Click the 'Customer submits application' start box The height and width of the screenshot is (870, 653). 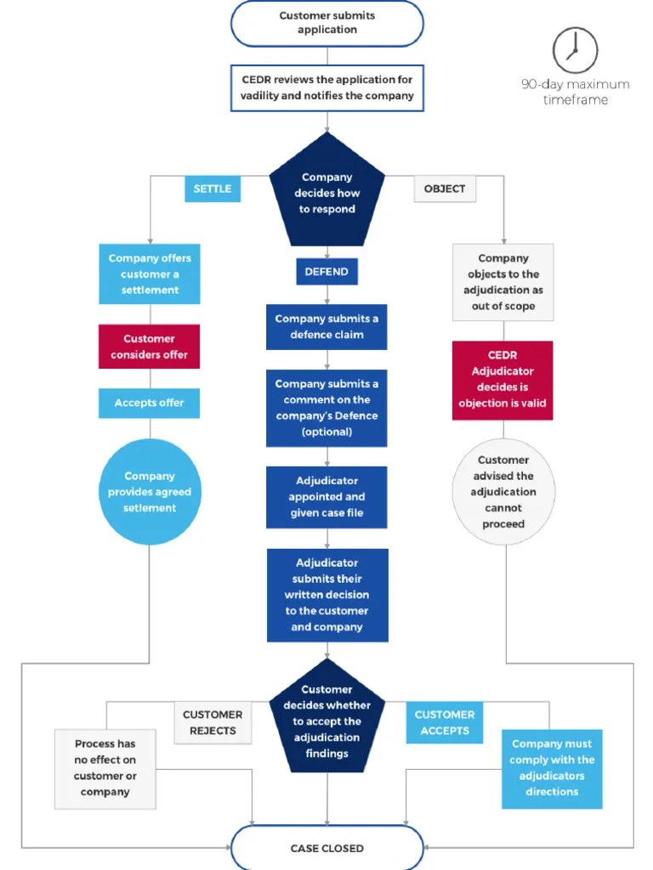point(327,23)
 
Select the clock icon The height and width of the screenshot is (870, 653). point(576,49)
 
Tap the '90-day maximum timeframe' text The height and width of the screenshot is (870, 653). point(576,92)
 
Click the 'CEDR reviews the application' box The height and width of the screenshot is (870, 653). point(327,88)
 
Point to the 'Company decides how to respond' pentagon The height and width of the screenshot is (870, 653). point(327,193)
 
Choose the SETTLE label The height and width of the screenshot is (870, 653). point(213,189)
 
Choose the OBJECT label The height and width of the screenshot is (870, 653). point(445,189)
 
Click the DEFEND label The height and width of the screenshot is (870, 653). point(327,272)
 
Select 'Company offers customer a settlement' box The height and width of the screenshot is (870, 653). point(150,274)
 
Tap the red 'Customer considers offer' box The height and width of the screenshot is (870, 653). point(150,347)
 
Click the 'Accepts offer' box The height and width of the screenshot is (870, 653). point(150,403)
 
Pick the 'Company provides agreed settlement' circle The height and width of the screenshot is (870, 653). point(150,492)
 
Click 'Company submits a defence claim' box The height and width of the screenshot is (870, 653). point(327,327)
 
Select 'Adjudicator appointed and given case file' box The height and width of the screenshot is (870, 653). point(327,497)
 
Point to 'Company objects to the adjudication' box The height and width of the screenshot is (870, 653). point(503,282)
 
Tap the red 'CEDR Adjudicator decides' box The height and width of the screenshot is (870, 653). point(503,380)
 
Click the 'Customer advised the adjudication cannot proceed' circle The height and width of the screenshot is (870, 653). point(503,492)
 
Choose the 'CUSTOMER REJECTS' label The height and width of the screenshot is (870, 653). point(213,723)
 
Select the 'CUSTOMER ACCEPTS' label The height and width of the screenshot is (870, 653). point(445,723)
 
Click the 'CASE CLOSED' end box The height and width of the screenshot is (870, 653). point(327,848)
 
